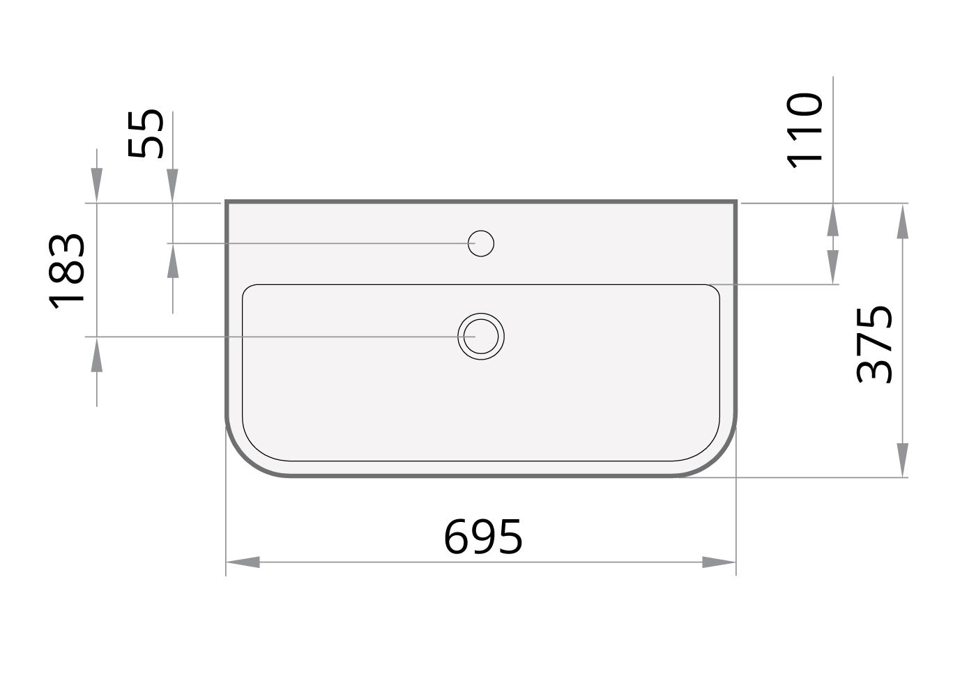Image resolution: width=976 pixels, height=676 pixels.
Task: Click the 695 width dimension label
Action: click(x=482, y=537)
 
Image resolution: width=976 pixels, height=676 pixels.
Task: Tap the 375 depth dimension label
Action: click(x=874, y=345)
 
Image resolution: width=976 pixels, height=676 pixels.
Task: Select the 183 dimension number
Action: click(x=66, y=271)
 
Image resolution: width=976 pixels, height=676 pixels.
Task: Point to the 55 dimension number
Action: click(x=146, y=133)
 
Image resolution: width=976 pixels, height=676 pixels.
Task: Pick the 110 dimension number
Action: click(x=804, y=131)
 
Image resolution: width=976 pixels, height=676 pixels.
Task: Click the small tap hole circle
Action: click(x=481, y=243)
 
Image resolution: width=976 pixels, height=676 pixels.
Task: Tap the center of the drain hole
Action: click(x=481, y=336)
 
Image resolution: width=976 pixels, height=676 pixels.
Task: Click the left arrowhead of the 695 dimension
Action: click(x=243, y=562)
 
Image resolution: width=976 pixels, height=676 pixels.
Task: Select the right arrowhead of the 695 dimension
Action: click(x=719, y=562)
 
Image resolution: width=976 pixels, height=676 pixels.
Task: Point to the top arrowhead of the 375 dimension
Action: click(x=902, y=222)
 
